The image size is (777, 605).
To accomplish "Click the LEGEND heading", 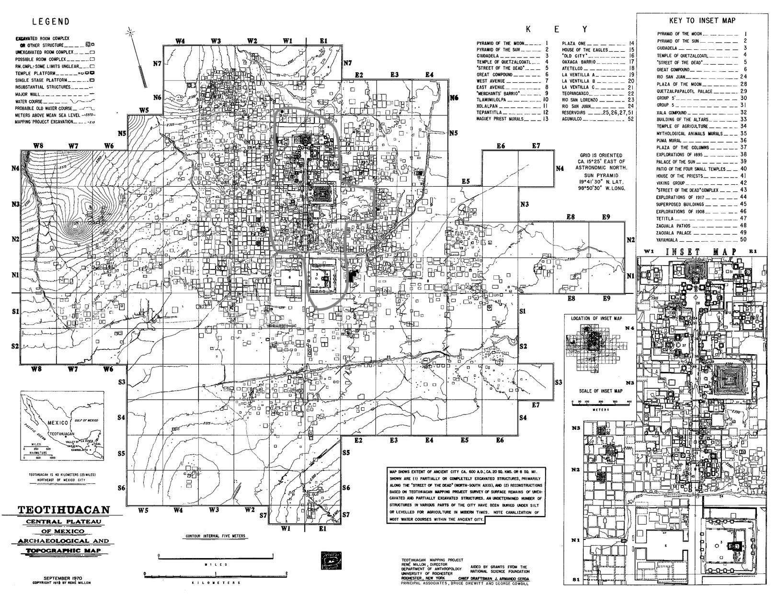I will pyautogui.click(x=50, y=22).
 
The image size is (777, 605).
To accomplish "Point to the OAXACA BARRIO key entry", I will pyautogui.click(x=579, y=62).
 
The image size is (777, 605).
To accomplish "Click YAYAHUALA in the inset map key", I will pyautogui.click(x=668, y=239).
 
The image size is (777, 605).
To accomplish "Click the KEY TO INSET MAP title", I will pyautogui.click(x=702, y=21).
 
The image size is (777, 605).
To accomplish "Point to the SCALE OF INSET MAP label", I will pyautogui.click(x=600, y=391).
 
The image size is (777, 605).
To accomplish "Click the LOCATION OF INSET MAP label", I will pyautogui.click(x=596, y=318).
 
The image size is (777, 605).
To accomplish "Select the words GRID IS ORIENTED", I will pyautogui.click(x=601, y=156).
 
